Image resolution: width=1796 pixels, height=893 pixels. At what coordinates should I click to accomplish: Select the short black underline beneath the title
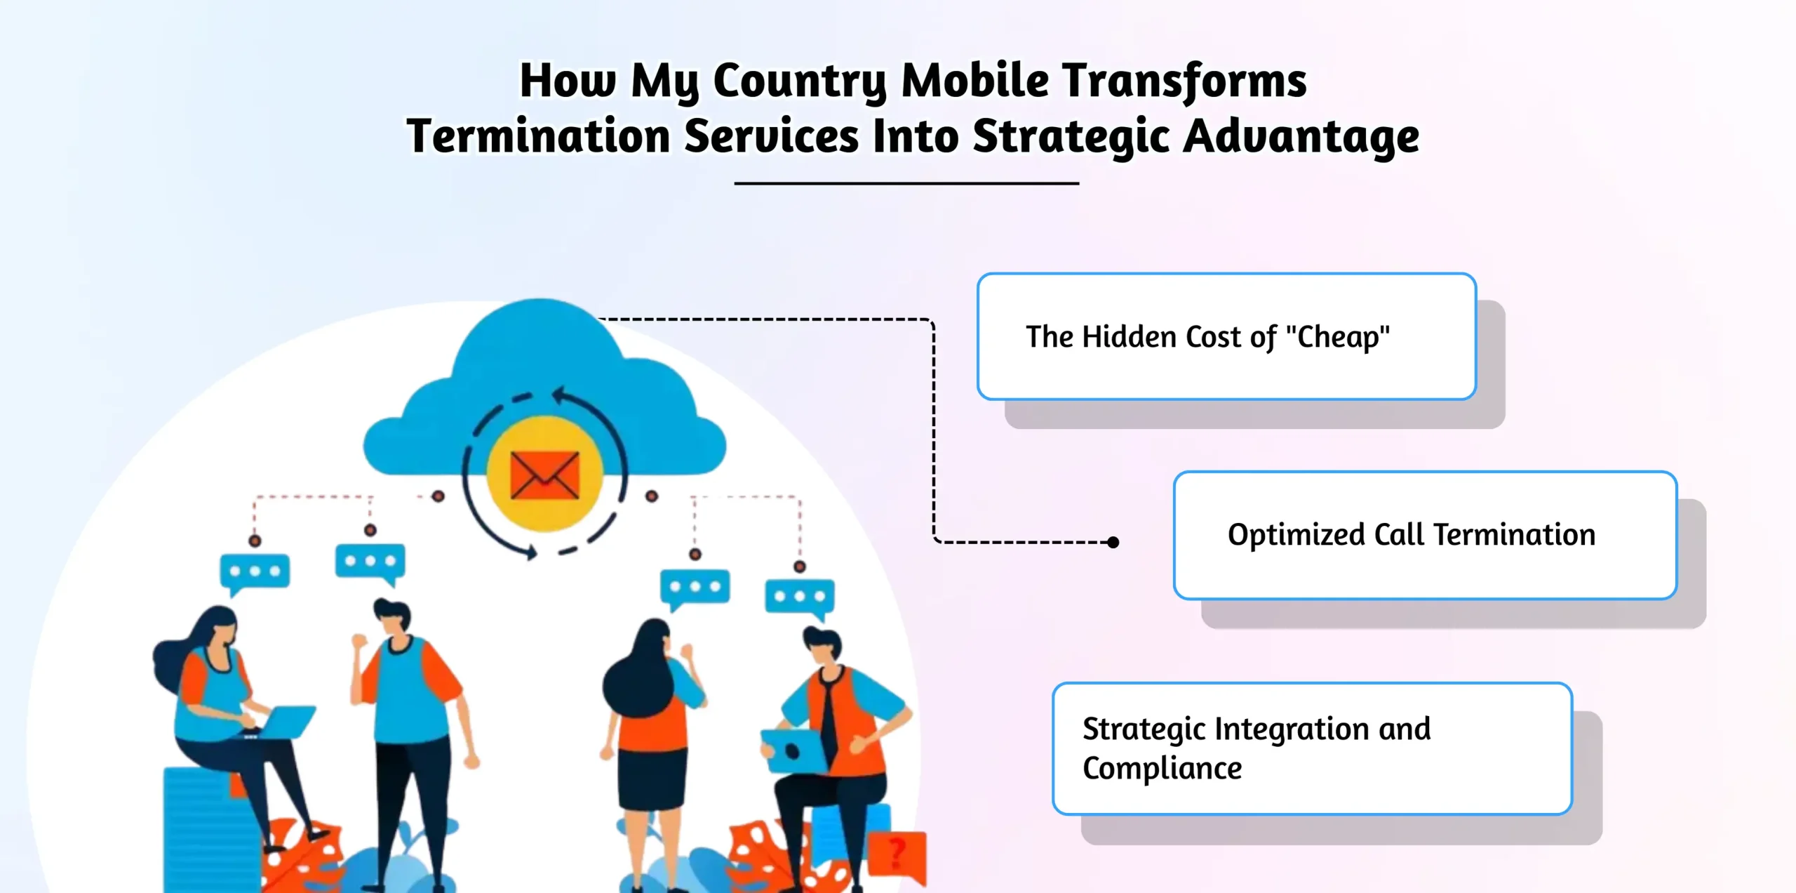[x=906, y=183]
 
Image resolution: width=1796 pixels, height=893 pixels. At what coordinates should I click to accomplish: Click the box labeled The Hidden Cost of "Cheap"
[x=1226, y=337]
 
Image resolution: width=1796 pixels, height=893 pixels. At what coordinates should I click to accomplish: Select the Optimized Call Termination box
[x=1424, y=535]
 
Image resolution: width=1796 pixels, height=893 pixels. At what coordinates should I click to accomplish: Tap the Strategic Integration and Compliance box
[x=1312, y=748]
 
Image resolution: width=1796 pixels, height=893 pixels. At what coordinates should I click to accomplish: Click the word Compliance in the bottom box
[x=1162, y=769]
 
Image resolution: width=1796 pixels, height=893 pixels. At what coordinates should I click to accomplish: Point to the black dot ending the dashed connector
[x=1113, y=542]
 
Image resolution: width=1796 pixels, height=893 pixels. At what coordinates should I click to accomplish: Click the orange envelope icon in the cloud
[x=545, y=475]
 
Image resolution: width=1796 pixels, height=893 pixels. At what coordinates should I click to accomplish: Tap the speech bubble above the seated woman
[x=255, y=572]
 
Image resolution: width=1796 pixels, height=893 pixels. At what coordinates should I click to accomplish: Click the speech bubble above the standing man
[x=370, y=562]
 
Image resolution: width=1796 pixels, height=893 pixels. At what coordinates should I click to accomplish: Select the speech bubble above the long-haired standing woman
[x=695, y=588]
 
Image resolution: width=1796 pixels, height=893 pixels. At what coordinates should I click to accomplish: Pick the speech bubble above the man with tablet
[x=799, y=597]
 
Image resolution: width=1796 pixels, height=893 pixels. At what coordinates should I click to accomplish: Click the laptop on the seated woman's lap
[x=288, y=722]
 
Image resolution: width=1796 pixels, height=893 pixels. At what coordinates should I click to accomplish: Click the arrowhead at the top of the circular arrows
[x=559, y=396]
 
